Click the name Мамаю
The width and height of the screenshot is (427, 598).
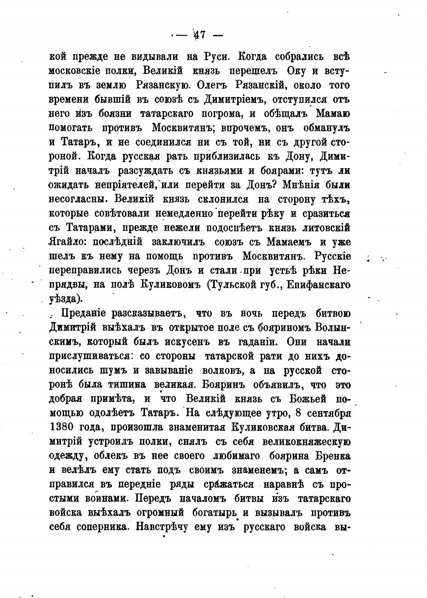pyautogui.click(x=333, y=113)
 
